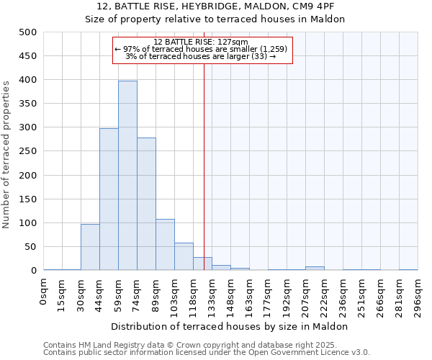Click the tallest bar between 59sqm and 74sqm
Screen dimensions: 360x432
point(127,176)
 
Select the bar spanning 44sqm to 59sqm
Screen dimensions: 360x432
point(109,199)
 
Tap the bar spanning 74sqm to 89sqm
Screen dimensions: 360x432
point(146,204)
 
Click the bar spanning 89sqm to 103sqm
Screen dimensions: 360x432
point(165,245)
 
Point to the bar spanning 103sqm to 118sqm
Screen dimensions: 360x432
point(184,257)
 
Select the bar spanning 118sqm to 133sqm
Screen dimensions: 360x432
point(202,264)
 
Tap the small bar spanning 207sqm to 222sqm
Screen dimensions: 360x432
point(315,268)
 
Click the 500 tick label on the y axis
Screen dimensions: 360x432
point(28,32)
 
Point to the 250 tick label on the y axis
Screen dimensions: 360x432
point(28,151)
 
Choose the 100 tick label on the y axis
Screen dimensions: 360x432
point(28,223)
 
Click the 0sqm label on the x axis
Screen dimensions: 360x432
point(44,292)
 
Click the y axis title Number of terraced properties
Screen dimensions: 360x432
point(7,154)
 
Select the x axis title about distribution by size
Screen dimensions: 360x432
point(230,326)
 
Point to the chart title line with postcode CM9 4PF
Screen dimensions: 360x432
point(215,6)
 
